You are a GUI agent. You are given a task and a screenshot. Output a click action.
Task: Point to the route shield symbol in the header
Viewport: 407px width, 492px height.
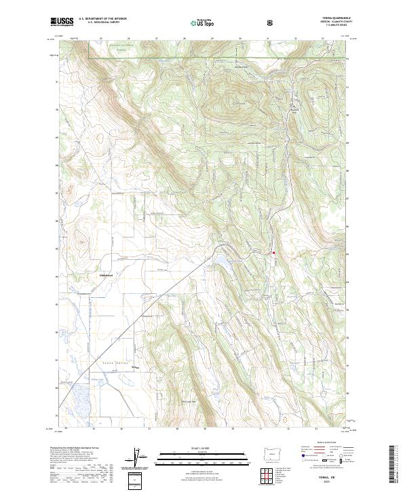(x=271, y=23)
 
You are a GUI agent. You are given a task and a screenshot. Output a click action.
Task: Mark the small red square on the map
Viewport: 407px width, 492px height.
(x=273, y=253)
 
